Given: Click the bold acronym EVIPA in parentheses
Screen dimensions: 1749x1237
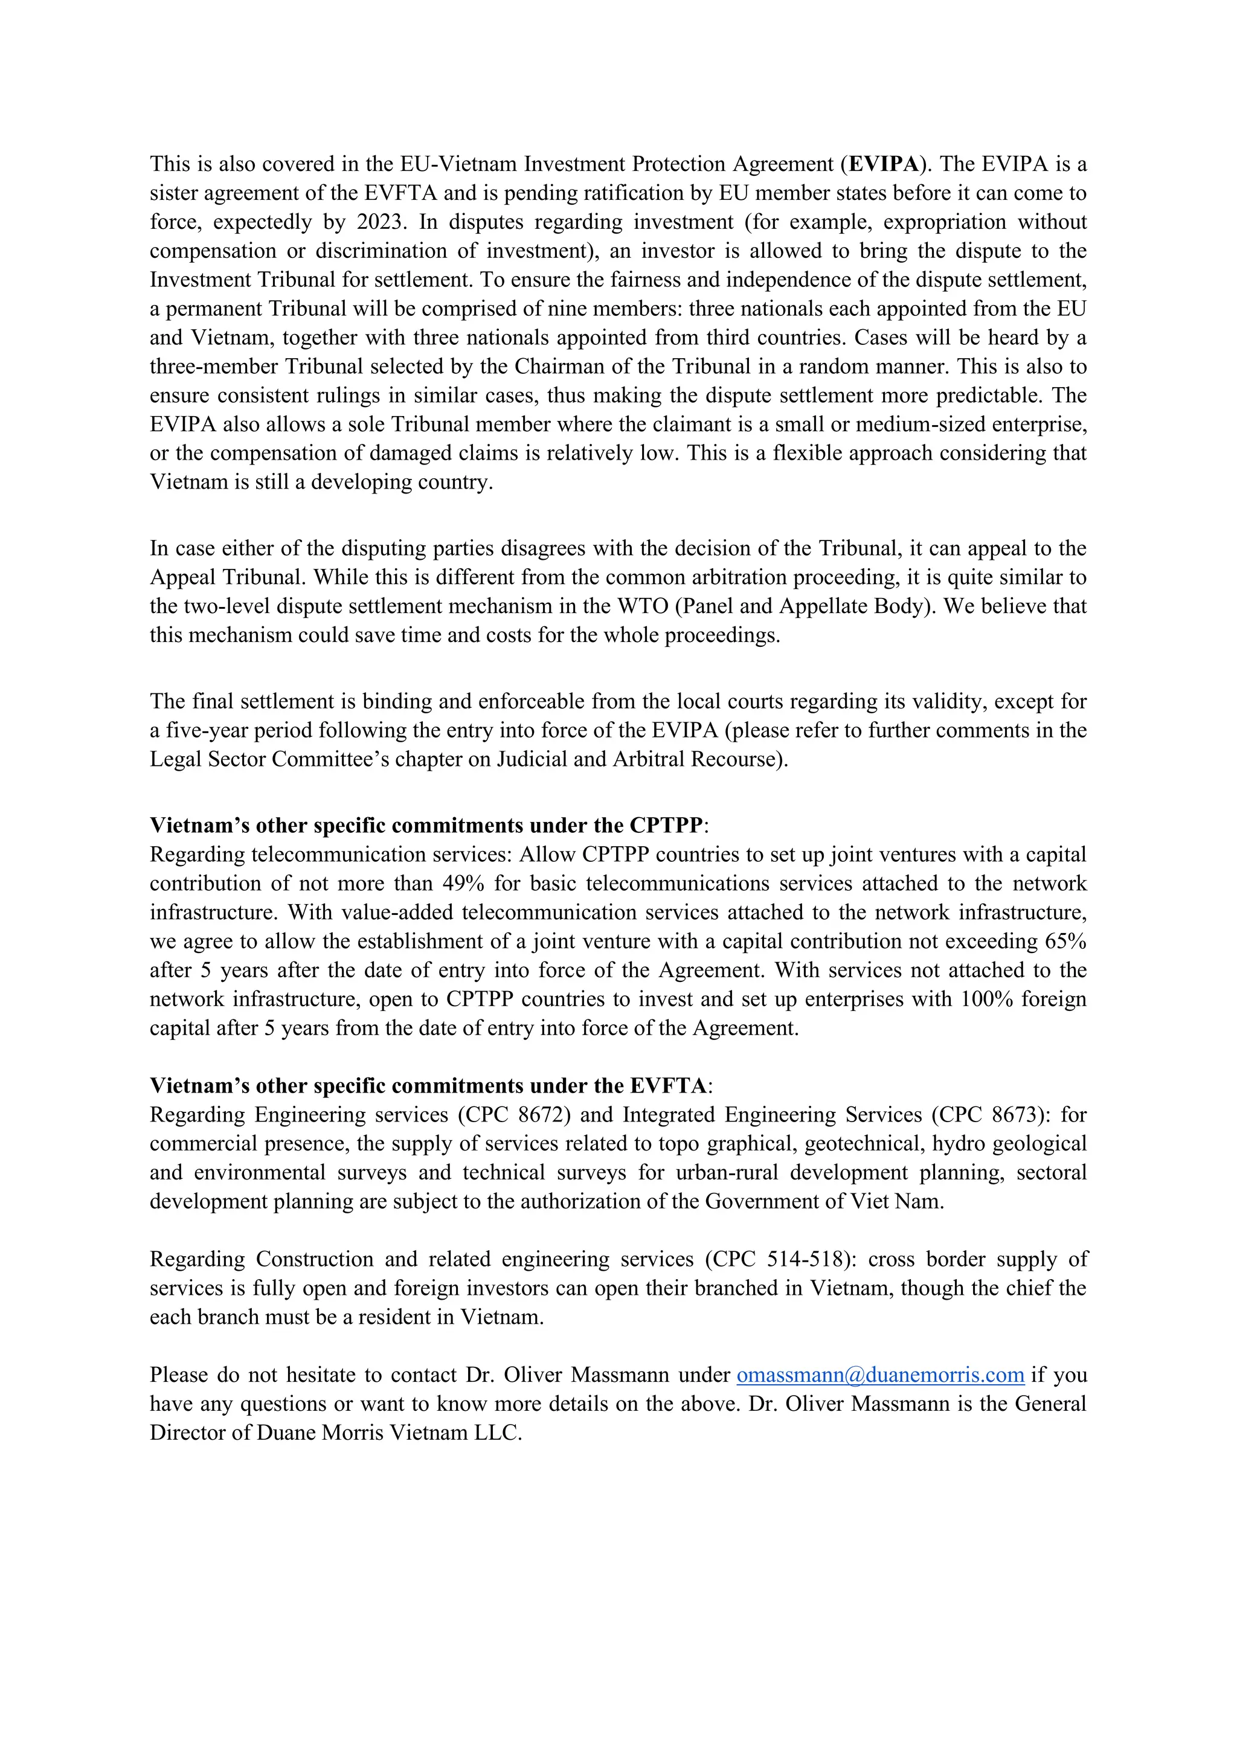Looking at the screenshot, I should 884,164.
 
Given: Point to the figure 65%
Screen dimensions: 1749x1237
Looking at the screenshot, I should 1065,942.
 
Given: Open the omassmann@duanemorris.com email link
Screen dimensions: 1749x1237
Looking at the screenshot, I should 880,1375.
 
